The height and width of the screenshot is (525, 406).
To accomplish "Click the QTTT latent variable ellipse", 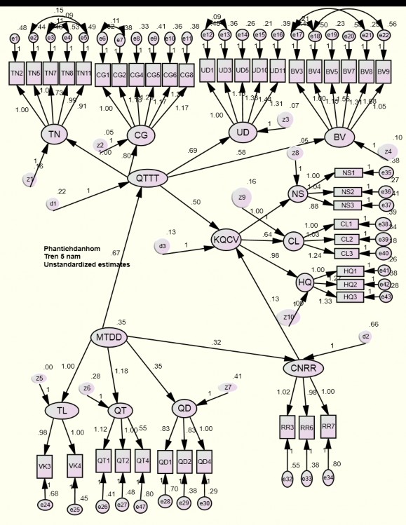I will tap(147, 179).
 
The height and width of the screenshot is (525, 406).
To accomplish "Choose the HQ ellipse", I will tap(305, 282).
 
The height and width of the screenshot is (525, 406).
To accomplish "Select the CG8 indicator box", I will tap(187, 74).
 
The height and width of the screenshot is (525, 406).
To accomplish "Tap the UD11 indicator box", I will tap(278, 70).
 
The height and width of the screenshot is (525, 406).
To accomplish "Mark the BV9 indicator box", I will tap(383, 71).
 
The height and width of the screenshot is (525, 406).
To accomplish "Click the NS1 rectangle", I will tap(348, 172).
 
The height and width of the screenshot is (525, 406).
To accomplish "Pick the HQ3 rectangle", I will tap(351, 297).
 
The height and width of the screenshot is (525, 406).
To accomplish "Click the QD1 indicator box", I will tap(166, 462).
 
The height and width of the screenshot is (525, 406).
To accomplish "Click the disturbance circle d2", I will tap(366, 336).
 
